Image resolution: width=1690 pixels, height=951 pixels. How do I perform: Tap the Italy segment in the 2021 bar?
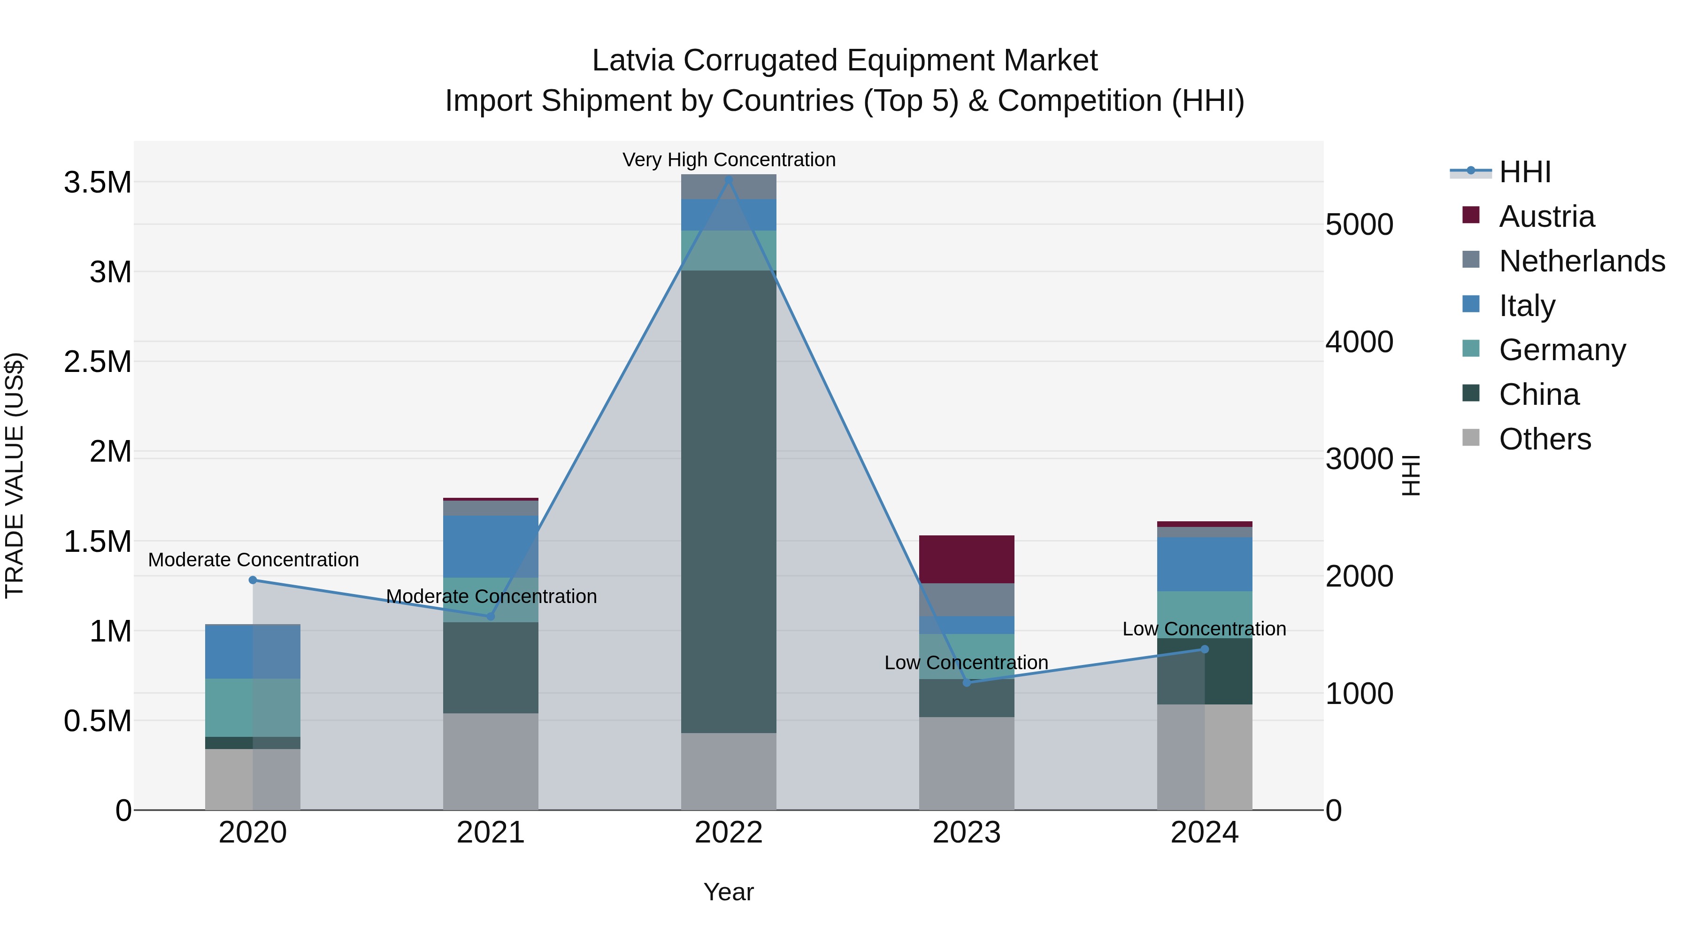490,546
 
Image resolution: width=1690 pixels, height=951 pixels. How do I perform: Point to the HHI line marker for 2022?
728,180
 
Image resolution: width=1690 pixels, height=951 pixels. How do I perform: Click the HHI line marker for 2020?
253,580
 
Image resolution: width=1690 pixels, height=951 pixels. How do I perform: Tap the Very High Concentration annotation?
728,160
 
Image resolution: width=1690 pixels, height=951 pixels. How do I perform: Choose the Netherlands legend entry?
1581,261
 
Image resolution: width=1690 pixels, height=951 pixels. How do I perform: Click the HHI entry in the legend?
1524,172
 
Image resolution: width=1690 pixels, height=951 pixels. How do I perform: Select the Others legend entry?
1544,439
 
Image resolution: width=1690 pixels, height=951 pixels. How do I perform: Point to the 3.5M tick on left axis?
97,183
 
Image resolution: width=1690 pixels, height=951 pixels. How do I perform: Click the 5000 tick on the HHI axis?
1359,224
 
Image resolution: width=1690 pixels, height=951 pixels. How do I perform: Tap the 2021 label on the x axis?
490,833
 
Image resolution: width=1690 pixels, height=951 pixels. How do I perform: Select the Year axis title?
728,892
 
